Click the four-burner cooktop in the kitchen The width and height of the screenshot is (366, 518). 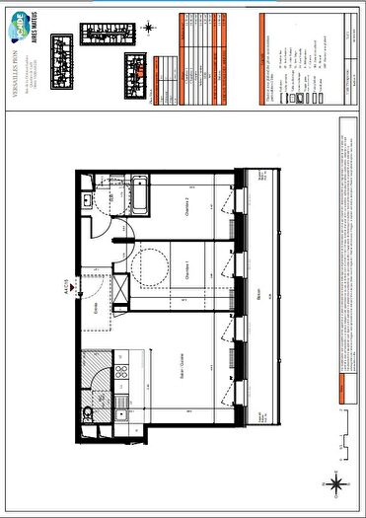pos(121,372)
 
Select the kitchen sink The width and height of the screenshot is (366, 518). pos(120,402)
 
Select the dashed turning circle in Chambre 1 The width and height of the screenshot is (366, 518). pos(152,263)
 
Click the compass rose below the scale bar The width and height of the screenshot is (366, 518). pos(336,482)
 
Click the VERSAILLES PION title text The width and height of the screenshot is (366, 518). pos(14,68)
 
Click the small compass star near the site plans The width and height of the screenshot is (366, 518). pos(149,27)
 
